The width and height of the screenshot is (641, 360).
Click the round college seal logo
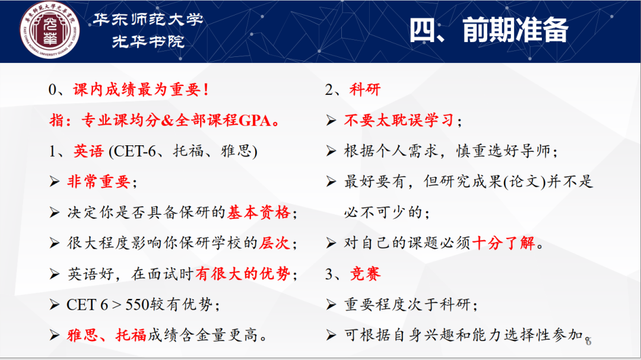[x=49, y=30]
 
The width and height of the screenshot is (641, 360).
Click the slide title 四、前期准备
[x=489, y=30]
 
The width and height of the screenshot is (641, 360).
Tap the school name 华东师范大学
[x=148, y=19]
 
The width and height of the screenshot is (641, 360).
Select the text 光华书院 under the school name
[x=148, y=41]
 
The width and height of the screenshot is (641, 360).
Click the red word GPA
[x=254, y=120]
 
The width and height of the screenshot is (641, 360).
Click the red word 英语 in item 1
[x=88, y=151]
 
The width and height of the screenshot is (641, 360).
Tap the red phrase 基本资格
[x=259, y=212]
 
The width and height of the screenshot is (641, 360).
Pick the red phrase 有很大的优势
[x=243, y=274]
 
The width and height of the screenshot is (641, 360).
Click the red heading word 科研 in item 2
[x=365, y=90]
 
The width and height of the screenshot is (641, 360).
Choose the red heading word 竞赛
[x=365, y=274]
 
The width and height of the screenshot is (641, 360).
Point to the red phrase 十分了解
[x=504, y=243]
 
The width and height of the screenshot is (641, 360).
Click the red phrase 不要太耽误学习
[x=399, y=120]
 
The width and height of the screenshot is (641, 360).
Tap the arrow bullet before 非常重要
[x=55, y=181]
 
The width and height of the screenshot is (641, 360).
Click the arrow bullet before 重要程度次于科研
[x=331, y=304]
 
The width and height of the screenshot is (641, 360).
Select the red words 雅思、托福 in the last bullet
[x=107, y=335]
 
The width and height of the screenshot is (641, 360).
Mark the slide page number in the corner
[x=588, y=341]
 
